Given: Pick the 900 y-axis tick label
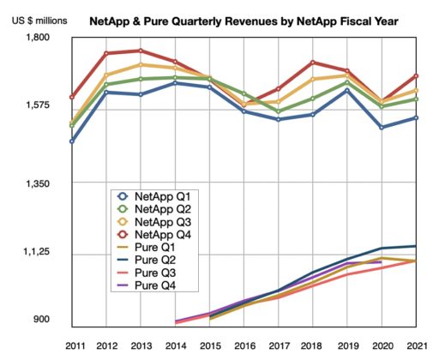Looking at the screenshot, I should tap(39, 320).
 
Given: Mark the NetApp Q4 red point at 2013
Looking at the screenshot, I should tap(141, 51).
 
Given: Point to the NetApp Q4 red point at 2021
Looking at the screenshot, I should tap(417, 76).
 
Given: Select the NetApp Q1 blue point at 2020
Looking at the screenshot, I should tap(382, 127).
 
